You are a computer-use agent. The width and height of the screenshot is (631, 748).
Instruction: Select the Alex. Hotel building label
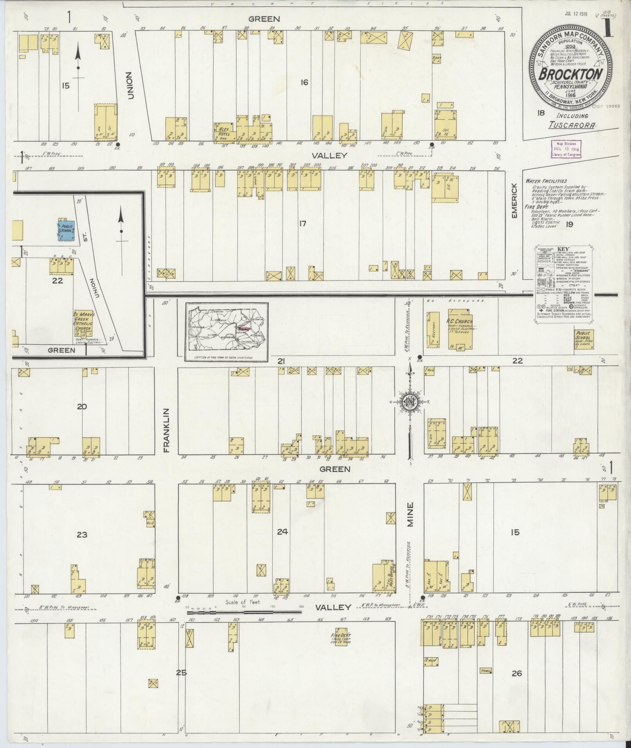(x=224, y=131)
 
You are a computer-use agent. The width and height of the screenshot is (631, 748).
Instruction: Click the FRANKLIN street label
(x=167, y=431)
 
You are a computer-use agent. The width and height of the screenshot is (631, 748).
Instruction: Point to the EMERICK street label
(x=515, y=196)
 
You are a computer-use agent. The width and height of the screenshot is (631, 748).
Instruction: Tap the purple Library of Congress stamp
(x=566, y=149)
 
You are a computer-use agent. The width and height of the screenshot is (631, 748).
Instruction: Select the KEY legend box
(x=564, y=284)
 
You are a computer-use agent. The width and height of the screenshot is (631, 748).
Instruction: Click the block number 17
(x=302, y=224)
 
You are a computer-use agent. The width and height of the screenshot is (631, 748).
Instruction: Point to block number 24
(x=282, y=531)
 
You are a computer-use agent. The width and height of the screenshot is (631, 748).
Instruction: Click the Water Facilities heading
(x=546, y=181)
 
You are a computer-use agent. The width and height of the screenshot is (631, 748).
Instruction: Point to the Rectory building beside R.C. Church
(x=433, y=329)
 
